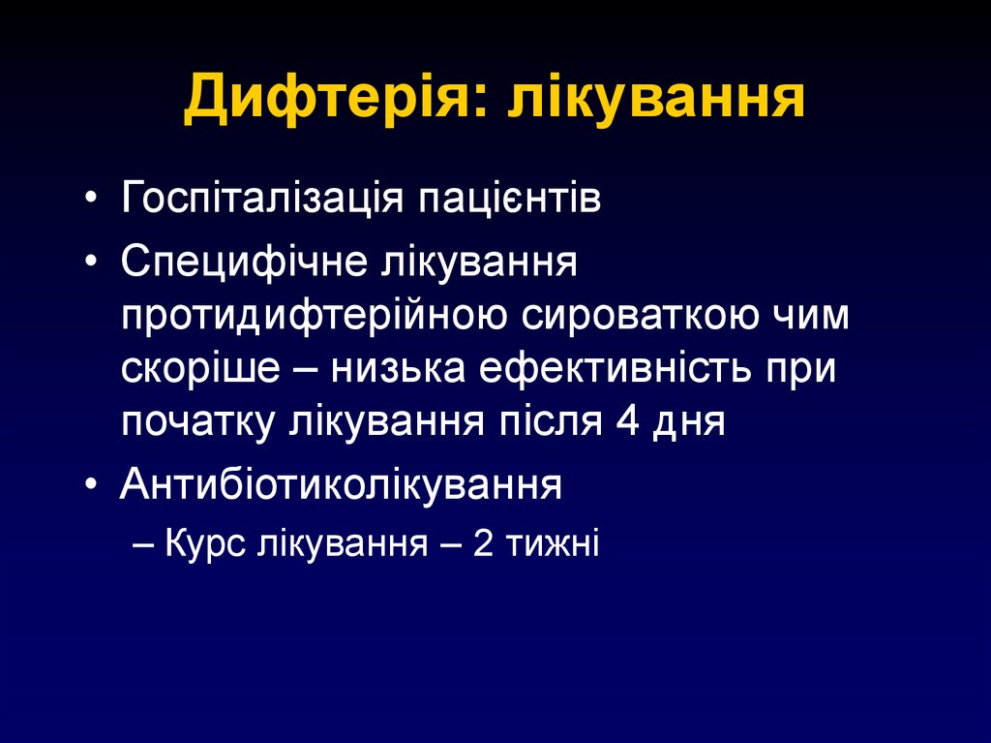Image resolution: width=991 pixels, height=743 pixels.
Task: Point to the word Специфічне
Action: point(242,264)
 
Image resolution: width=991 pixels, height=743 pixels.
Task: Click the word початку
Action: point(197,424)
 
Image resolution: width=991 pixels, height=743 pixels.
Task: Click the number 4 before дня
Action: point(624,424)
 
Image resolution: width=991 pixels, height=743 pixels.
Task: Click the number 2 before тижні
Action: point(484,543)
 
